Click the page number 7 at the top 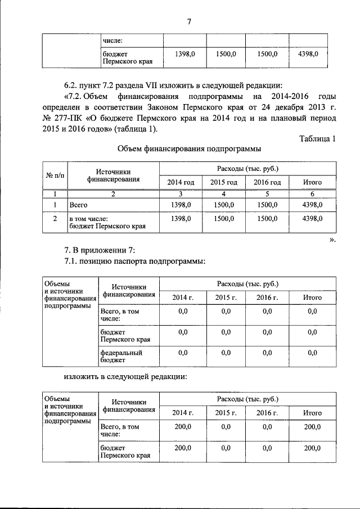(189, 22)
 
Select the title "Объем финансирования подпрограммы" (188, 150)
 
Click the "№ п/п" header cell (55, 175)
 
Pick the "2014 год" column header (181, 182)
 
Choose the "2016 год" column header (267, 182)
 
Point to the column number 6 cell (312, 194)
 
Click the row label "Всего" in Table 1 (79, 205)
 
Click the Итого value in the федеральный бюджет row (312, 353)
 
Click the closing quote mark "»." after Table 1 (331, 239)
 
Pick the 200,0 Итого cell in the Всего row (312, 427)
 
